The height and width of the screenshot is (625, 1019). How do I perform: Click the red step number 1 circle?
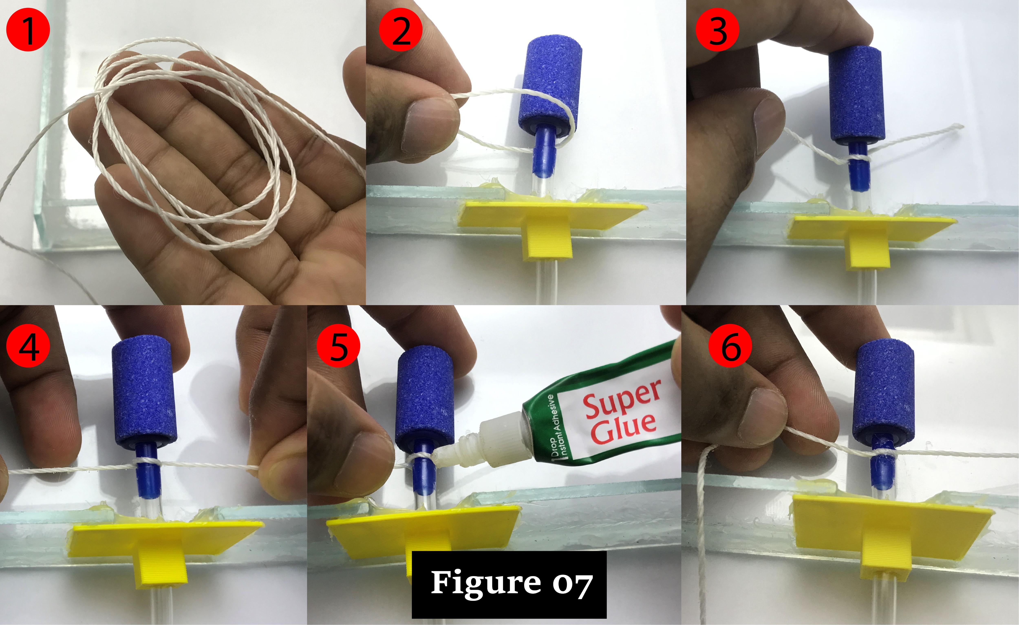(28, 30)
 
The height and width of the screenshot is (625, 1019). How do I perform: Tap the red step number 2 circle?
(400, 30)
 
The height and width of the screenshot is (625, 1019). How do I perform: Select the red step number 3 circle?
(717, 30)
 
